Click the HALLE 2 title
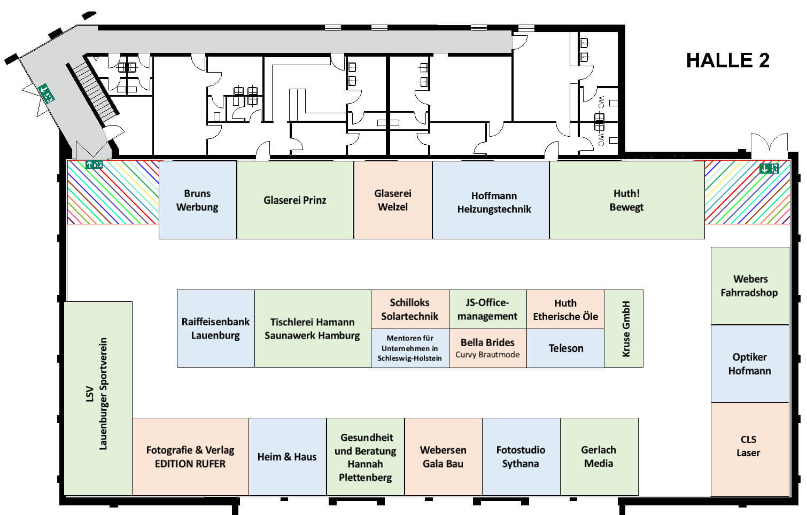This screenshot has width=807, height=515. (x=728, y=60)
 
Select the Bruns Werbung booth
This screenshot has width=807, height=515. (x=197, y=200)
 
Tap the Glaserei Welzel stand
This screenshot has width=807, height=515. (x=393, y=200)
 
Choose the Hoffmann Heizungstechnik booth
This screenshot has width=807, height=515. (x=491, y=200)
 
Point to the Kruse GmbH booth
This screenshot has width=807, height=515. (x=624, y=329)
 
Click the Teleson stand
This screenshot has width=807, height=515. (x=565, y=348)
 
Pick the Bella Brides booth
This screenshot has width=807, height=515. (x=488, y=348)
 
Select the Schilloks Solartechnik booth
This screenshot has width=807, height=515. (x=410, y=309)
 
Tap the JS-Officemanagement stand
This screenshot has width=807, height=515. (x=488, y=309)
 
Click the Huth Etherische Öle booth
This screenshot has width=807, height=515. (x=565, y=309)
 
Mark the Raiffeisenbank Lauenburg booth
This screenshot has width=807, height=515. (x=216, y=329)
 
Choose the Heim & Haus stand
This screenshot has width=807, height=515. (x=288, y=457)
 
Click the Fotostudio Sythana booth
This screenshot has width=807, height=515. (x=521, y=457)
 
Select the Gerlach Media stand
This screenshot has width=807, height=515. (x=599, y=457)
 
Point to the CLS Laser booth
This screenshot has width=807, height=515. (x=750, y=449)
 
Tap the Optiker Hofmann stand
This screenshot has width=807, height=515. (x=750, y=364)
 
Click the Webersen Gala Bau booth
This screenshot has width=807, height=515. (x=443, y=457)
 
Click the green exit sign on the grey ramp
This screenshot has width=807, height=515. (x=46, y=93)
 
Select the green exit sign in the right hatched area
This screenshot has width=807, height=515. (x=769, y=168)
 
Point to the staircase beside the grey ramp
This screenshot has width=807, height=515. (x=92, y=93)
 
